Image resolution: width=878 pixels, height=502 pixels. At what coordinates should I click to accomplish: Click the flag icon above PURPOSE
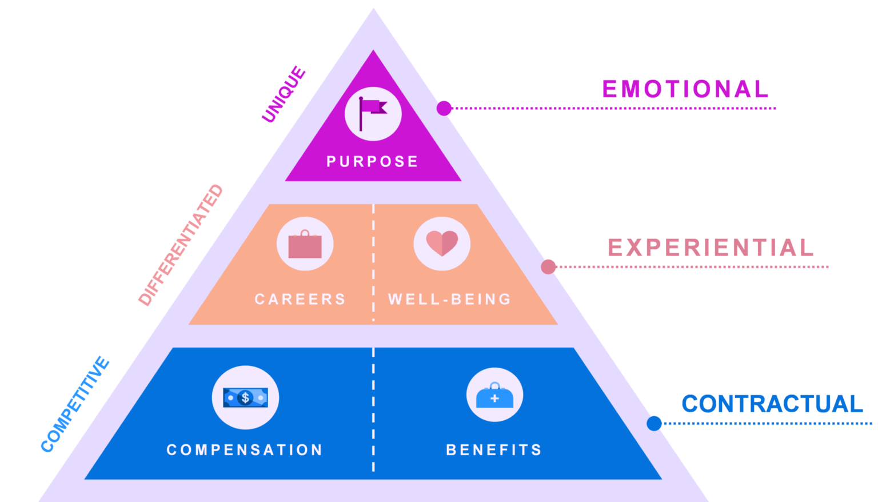[x=373, y=114]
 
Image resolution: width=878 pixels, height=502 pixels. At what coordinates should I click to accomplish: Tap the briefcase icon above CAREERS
[x=305, y=244]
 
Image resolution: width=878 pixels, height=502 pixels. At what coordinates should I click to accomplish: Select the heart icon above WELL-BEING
[x=442, y=243]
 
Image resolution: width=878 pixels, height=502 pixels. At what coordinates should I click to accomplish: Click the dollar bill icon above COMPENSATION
[x=245, y=398]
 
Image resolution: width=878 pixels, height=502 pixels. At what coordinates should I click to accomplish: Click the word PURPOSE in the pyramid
[x=372, y=162]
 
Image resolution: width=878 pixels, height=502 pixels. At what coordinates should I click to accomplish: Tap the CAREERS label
[x=300, y=299]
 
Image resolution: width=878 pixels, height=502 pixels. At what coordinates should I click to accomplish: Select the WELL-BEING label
[x=450, y=299]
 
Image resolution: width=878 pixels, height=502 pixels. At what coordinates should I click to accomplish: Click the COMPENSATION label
[x=245, y=450]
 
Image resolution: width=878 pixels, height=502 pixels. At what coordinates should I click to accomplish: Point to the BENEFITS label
[x=494, y=450]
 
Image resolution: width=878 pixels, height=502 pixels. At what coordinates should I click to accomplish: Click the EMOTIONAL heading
[x=685, y=89]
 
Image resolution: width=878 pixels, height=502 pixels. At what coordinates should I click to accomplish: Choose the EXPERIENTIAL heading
[x=711, y=248]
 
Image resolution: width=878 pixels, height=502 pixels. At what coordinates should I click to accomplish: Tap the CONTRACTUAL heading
[x=773, y=404]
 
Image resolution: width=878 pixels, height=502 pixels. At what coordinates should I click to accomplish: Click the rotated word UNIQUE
[x=284, y=94]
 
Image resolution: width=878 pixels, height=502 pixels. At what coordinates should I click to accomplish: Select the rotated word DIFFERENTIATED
[x=181, y=245]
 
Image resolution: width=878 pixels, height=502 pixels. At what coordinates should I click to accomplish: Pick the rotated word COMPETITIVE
[x=75, y=404]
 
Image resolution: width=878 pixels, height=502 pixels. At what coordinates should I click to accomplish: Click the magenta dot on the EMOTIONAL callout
[x=444, y=108]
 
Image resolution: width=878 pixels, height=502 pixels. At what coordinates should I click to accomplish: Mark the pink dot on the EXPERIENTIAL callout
[x=548, y=266]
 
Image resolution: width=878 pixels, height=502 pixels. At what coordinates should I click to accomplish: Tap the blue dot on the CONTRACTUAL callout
[x=654, y=424]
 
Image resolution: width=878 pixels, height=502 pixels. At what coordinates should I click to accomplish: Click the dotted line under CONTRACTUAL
[x=768, y=424]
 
